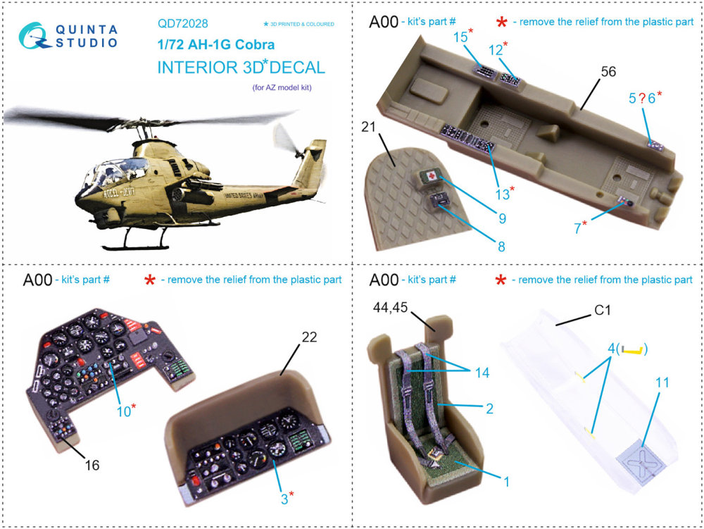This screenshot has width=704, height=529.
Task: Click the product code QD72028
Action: [183, 23]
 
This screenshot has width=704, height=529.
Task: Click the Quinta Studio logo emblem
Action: [34, 36]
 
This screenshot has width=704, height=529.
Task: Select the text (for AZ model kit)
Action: [282, 87]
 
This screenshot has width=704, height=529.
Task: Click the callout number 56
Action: [608, 71]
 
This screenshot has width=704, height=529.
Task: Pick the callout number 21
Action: [368, 127]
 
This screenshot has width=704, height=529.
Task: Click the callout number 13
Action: [502, 194]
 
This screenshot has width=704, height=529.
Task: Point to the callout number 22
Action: [309, 337]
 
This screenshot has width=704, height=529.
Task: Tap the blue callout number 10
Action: [123, 411]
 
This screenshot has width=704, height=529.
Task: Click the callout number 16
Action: [92, 465]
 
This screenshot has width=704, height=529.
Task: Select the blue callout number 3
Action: [284, 499]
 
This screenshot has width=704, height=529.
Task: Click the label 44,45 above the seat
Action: [390, 308]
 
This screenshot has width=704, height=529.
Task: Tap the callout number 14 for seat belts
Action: [482, 373]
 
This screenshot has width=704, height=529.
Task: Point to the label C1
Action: [603, 311]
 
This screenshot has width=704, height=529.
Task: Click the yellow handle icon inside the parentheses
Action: [632, 349]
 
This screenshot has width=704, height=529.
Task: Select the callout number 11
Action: [662, 382]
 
